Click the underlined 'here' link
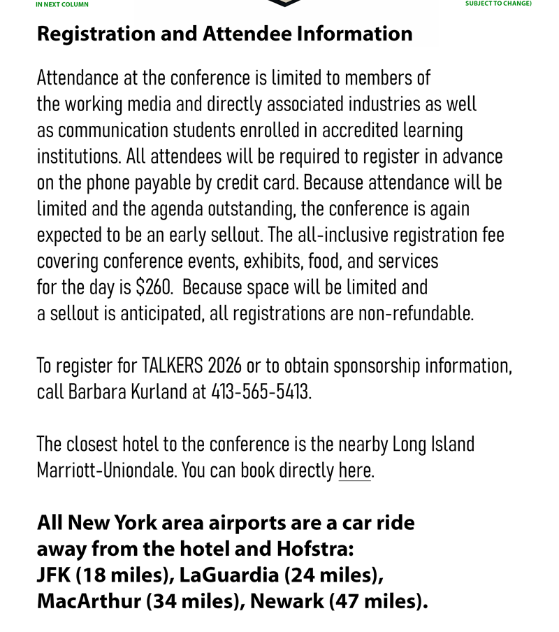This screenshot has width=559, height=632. [354, 471]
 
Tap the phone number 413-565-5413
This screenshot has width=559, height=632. [260, 392]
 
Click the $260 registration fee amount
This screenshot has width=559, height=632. [154, 287]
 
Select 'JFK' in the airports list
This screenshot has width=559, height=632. [54, 575]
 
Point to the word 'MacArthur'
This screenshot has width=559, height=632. [89, 601]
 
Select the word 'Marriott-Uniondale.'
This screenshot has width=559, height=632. [107, 471]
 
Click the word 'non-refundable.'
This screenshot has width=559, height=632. [416, 313]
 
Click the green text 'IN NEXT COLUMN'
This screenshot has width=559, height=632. [62, 4]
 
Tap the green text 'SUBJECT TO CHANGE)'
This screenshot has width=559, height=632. [498, 3]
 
